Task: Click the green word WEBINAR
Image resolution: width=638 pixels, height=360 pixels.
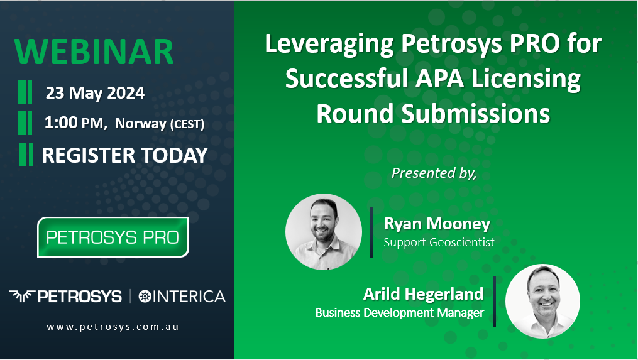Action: [94, 52]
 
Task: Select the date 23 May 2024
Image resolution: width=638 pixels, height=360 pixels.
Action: [95, 93]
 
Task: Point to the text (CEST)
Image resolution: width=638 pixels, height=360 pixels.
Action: [187, 124]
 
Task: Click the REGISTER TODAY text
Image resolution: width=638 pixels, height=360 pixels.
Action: [124, 155]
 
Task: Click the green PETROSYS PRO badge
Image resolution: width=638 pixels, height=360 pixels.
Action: [113, 237]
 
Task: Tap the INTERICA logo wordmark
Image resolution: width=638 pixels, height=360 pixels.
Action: [182, 296]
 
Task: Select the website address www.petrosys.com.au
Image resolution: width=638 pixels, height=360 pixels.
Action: [113, 327]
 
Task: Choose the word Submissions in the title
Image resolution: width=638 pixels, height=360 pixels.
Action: [476, 114]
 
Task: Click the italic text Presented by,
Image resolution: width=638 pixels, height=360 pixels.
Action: [434, 173]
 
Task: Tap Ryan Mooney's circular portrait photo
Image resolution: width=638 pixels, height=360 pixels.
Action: [324, 231]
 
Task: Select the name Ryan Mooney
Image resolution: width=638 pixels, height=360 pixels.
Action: [437, 224]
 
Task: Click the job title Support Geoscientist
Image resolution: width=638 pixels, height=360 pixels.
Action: [439, 243]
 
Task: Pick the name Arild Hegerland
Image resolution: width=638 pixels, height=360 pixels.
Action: [423, 293]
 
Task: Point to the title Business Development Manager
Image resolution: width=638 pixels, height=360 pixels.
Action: [400, 313]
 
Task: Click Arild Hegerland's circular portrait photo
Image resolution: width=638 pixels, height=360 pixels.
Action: [543, 301]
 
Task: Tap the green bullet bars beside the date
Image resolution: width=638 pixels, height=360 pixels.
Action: [25, 92]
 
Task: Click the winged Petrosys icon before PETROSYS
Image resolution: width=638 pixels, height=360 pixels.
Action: [22, 296]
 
